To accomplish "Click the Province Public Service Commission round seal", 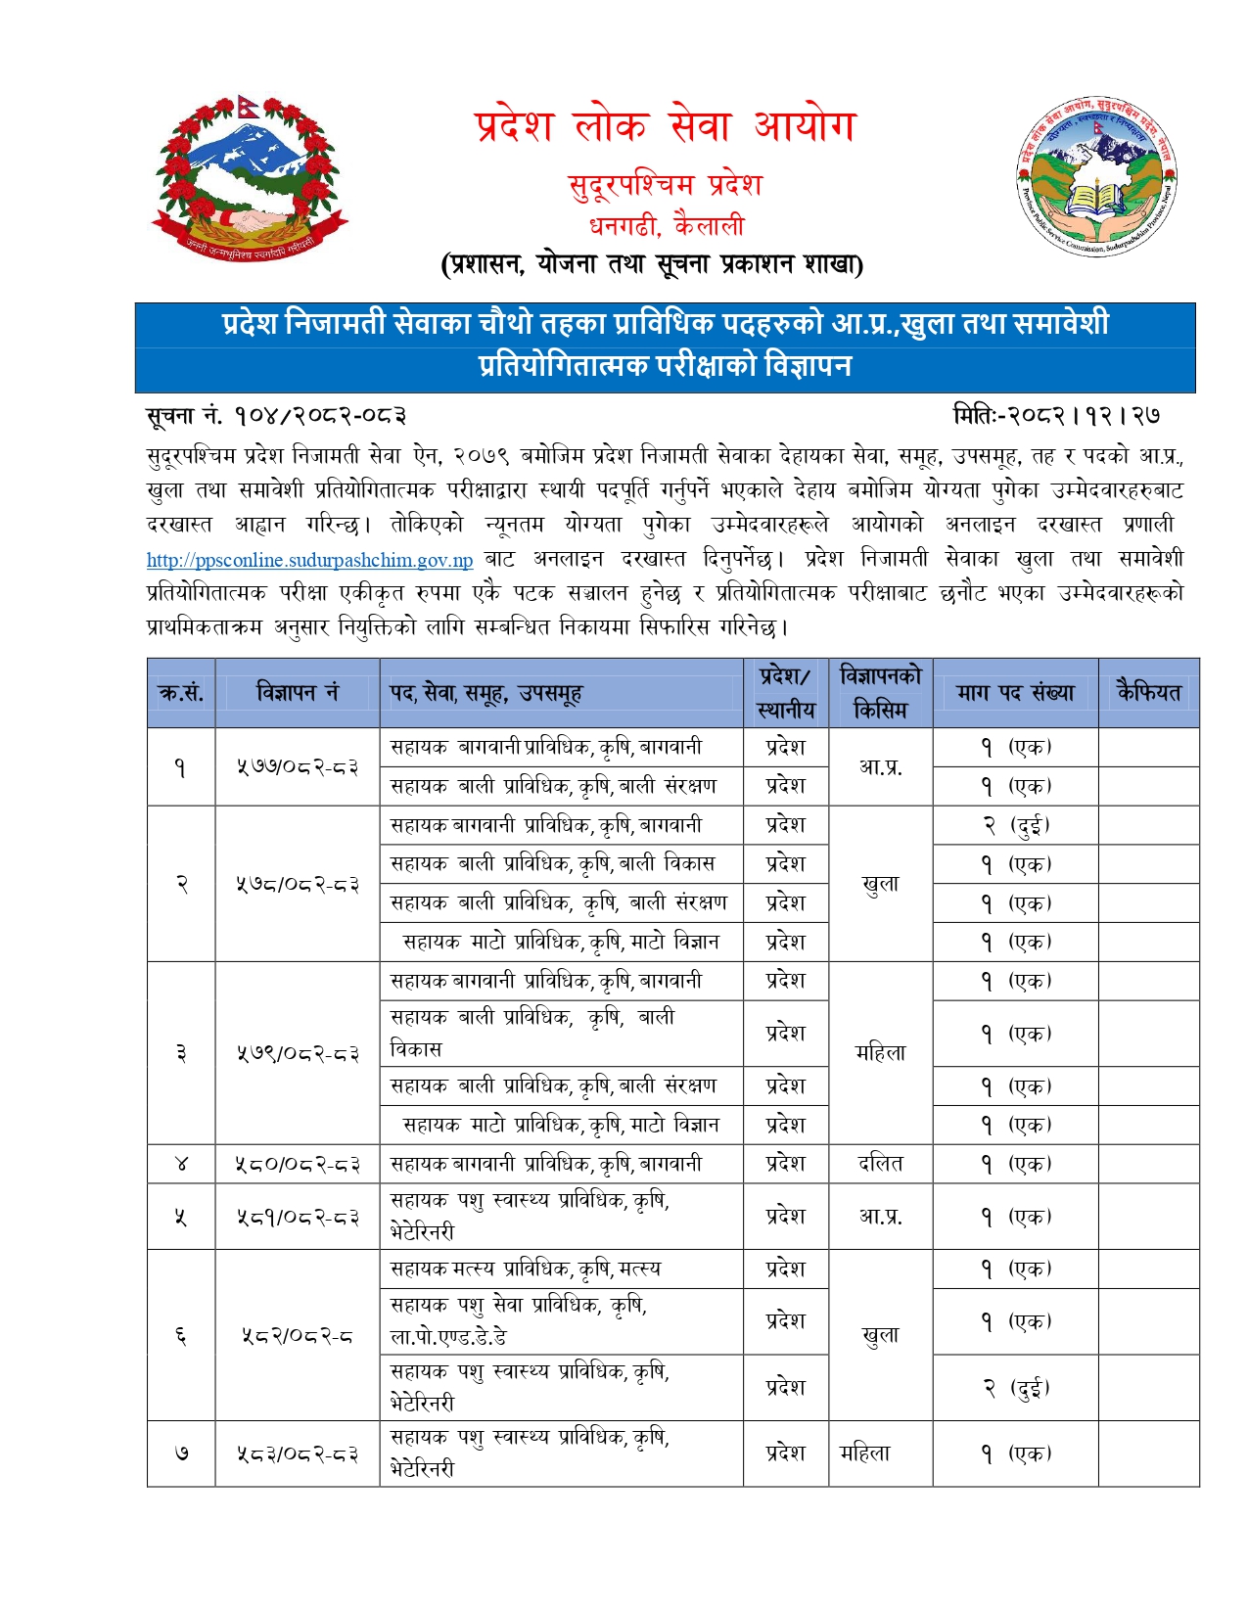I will tap(1095, 177).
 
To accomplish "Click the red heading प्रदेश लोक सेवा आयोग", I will tap(665, 126).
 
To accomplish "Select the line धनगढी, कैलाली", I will tap(666, 226).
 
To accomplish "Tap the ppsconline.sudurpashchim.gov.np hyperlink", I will tap(309, 560).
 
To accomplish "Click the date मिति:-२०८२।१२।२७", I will tap(1057, 415).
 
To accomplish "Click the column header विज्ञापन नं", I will tap(298, 693).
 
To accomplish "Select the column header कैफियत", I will tap(1148, 693).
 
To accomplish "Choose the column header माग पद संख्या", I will tap(1015, 693).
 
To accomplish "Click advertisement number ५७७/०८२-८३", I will tap(298, 767).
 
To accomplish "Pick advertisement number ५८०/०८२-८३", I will tap(298, 1164).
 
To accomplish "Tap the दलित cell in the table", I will tap(880, 1164).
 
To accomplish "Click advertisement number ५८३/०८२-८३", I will tap(298, 1453).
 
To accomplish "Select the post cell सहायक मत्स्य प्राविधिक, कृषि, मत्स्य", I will tap(526, 1269).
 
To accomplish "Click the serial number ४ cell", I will tap(181, 1164).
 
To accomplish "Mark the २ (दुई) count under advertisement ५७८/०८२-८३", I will tap(1015, 825).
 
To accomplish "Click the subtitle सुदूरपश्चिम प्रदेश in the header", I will tap(665, 184).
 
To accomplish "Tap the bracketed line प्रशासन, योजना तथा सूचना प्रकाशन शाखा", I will tap(652, 264).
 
